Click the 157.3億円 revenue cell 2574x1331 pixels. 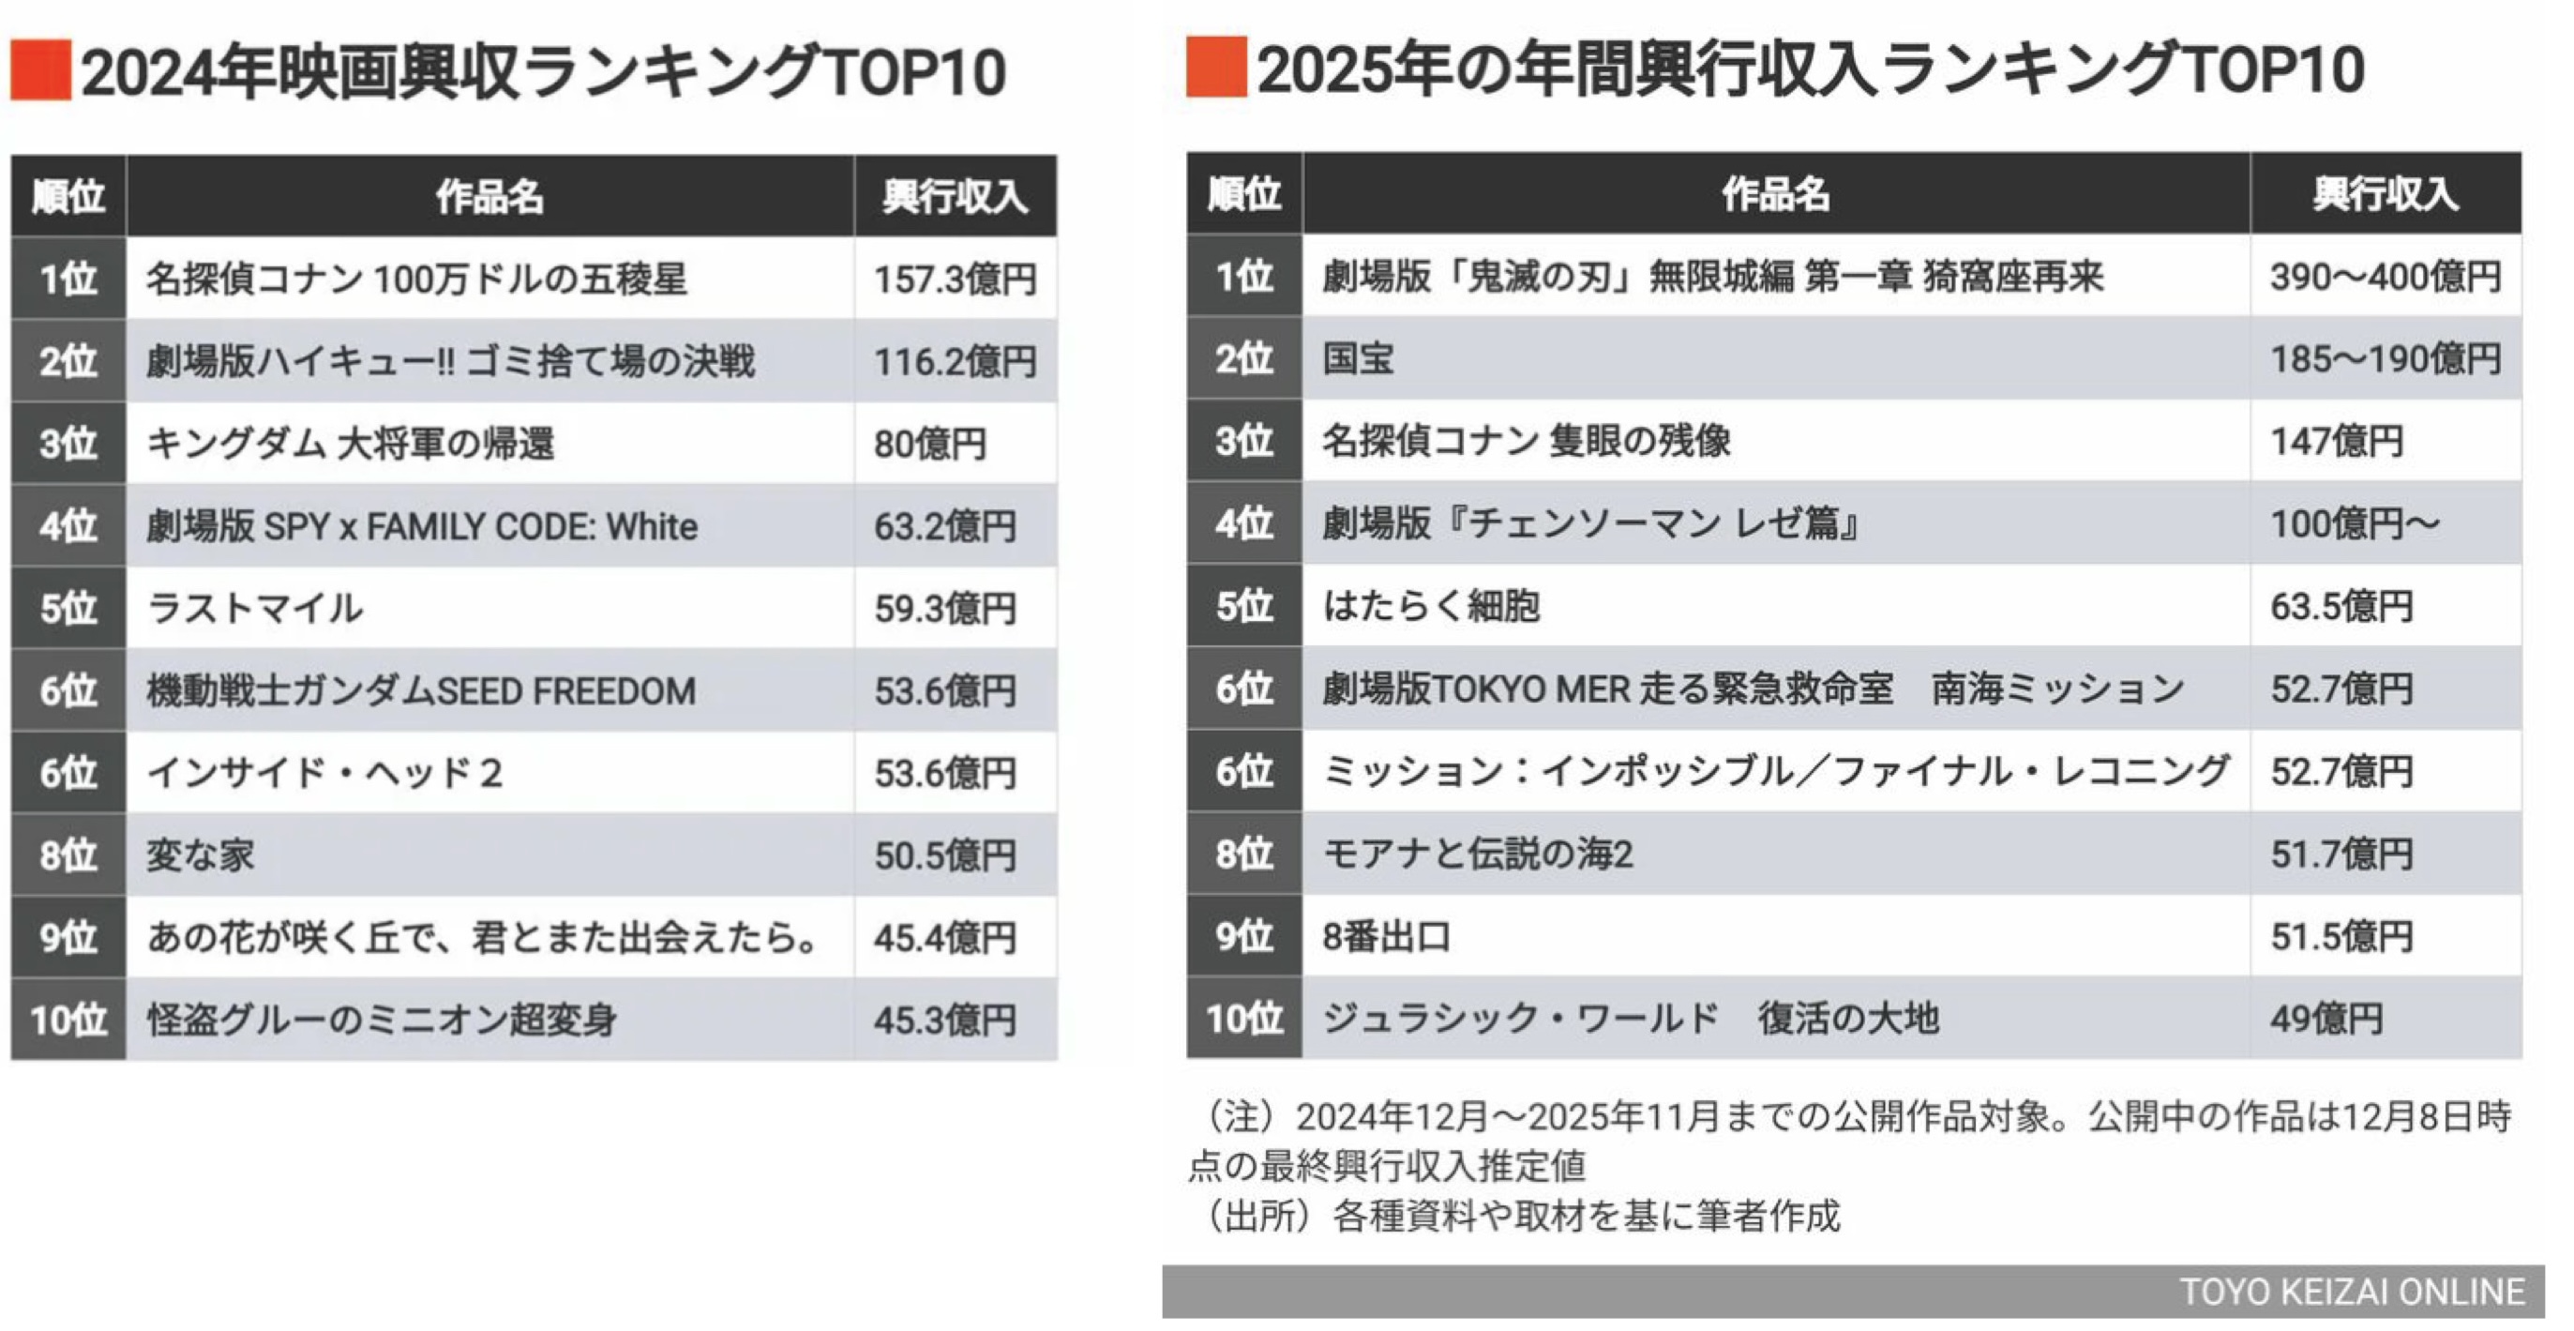click(x=955, y=279)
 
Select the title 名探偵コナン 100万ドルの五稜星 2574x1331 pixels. click(x=416, y=279)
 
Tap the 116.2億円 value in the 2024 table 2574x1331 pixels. click(x=955, y=362)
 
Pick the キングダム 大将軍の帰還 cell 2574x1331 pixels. click(x=350, y=444)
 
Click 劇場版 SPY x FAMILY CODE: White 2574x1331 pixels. click(x=422, y=526)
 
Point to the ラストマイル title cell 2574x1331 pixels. click(x=255, y=609)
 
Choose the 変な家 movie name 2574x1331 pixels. click(x=200, y=855)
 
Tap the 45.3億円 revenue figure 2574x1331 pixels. click(x=944, y=1021)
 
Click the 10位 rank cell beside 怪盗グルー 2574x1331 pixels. click(x=68, y=1021)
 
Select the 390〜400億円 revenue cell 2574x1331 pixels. click(x=2386, y=277)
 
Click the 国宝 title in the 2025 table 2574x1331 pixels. click(x=1357, y=358)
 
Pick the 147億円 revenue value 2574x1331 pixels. click(x=2336, y=442)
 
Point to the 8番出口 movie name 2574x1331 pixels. click(x=1386, y=936)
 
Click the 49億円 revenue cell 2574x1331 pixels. click(x=2326, y=1019)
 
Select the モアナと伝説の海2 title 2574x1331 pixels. click(x=1477, y=855)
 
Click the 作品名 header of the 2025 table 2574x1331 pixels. click(x=1775, y=194)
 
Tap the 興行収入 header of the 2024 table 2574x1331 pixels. click(x=955, y=196)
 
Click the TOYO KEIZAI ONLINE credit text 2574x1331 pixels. click(x=2351, y=1292)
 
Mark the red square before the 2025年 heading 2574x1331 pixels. click(x=1215, y=67)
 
